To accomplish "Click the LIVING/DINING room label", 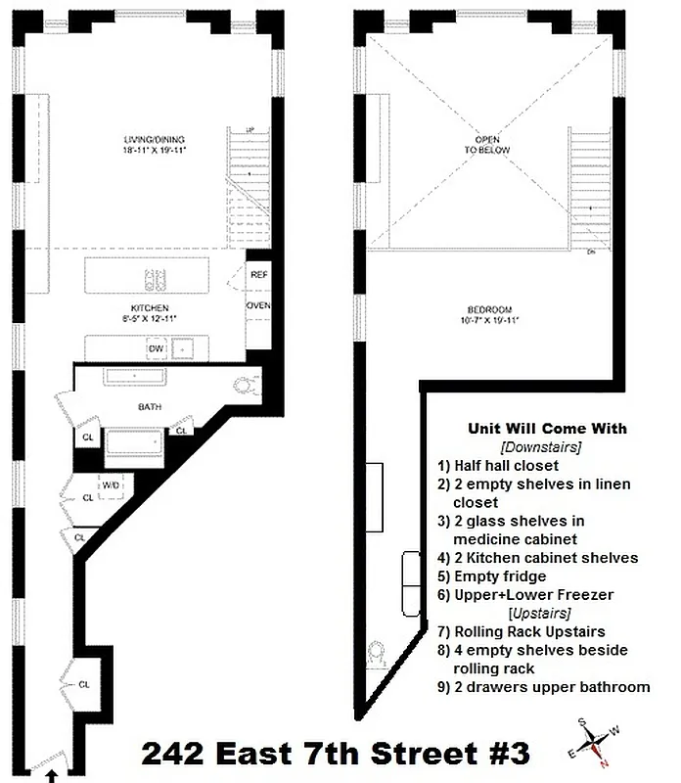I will (154, 139).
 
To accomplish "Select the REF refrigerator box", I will (259, 275).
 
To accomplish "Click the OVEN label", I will (259, 306).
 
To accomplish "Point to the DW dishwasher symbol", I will (155, 348).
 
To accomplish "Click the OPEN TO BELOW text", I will (488, 146).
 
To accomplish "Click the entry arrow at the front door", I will (50, 774).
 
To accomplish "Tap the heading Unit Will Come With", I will (547, 429).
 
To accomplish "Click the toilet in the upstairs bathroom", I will (377, 653).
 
